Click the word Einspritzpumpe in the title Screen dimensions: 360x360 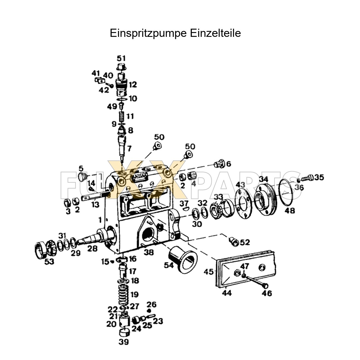(148, 33)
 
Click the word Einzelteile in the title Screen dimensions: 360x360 (215, 33)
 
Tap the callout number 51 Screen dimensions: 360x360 (121, 58)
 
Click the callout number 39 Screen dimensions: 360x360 (124, 342)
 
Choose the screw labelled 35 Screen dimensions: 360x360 (307, 178)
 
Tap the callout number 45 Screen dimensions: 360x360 (208, 272)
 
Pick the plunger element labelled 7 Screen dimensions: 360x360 (122, 146)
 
